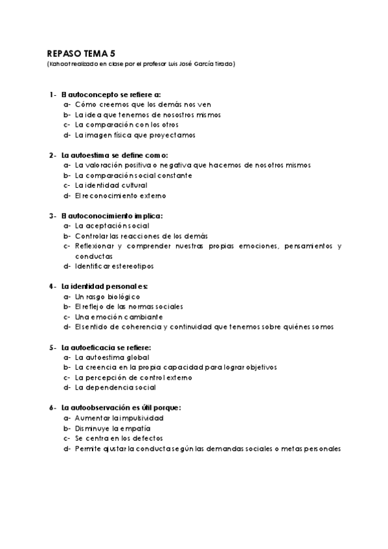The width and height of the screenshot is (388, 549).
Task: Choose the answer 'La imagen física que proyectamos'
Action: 135,135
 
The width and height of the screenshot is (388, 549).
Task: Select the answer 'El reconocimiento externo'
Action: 120,196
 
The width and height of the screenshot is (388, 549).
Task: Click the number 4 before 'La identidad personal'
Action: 51,286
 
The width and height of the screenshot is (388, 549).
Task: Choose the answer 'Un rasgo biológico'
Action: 108,297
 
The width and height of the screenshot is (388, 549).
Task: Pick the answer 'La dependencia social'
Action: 115,388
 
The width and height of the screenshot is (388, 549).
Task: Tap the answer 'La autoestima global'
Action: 112,357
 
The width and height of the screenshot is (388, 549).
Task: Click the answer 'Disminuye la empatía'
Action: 113,428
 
